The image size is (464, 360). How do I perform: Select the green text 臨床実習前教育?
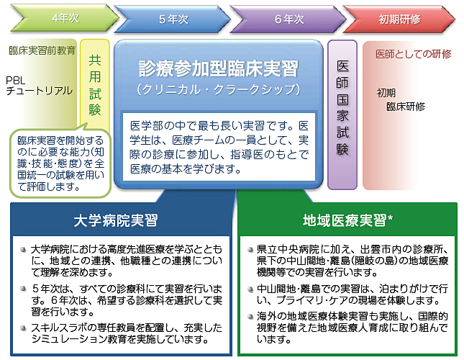click(42, 51)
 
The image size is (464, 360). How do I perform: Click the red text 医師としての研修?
click(414, 54)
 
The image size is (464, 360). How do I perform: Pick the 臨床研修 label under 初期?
click(405, 107)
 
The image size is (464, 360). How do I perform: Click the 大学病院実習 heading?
click(116, 219)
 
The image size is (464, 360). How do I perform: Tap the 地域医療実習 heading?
click(343, 219)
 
